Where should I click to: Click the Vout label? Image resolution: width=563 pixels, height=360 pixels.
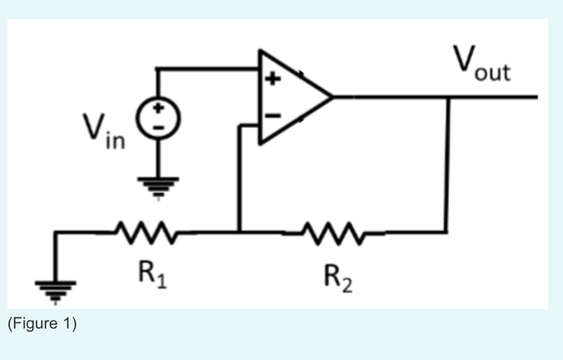point(482,64)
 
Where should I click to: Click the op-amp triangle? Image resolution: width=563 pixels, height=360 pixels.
point(290,97)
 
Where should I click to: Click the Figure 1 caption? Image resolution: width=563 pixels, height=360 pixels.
point(42,324)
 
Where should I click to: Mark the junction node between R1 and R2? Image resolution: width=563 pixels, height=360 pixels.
point(239,232)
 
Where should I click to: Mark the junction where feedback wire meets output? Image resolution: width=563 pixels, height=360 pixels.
point(448,97)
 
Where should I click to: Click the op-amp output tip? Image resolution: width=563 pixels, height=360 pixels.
point(332,97)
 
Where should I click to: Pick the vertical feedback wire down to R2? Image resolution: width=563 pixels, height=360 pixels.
point(447,166)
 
